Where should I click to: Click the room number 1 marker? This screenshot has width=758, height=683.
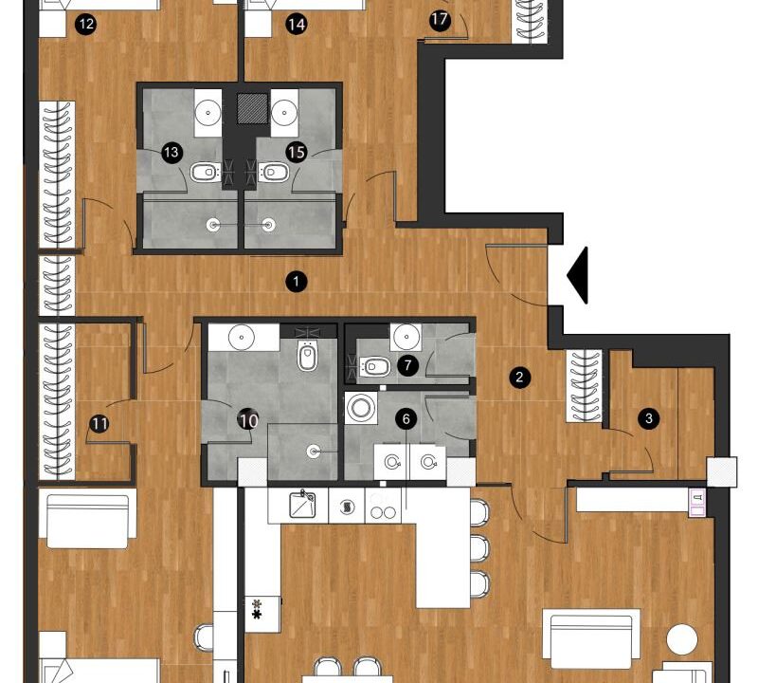tap(297, 281)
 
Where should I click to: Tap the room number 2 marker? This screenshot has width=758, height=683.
tap(519, 378)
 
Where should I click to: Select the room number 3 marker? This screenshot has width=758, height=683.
tap(649, 418)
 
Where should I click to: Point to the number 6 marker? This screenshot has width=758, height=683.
tap(406, 418)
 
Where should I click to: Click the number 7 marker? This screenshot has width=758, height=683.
tap(408, 365)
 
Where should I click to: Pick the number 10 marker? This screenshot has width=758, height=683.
tap(248, 420)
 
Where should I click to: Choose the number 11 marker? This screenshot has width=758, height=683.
tap(99, 424)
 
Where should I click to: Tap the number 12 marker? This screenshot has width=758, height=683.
tap(86, 24)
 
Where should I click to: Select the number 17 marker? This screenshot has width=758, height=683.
tap(440, 20)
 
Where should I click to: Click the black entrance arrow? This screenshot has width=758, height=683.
tap(578, 275)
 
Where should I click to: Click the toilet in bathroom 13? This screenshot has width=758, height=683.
tap(206, 172)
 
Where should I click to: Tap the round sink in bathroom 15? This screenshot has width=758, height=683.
tap(284, 112)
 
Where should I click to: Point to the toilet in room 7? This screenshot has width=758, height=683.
tap(375, 367)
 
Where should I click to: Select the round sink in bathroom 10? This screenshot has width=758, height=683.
tap(242, 337)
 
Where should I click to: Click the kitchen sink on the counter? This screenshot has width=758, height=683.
tap(302, 505)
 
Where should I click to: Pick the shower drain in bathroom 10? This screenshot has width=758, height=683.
tap(314, 452)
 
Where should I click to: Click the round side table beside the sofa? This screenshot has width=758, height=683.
tap(682, 639)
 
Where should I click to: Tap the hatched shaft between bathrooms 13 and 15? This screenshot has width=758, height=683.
tap(252, 108)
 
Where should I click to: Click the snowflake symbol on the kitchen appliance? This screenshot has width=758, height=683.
tap(256, 610)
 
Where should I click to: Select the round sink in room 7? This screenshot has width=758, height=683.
tap(406, 337)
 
